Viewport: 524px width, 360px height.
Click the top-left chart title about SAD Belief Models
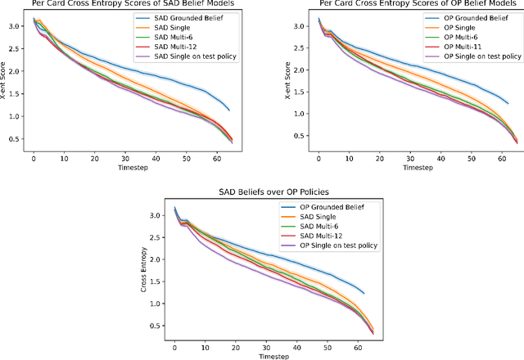(x=131, y=3)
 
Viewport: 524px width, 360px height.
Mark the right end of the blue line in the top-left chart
(x=228, y=110)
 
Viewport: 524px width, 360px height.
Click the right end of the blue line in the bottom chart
(x=364, y=293)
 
